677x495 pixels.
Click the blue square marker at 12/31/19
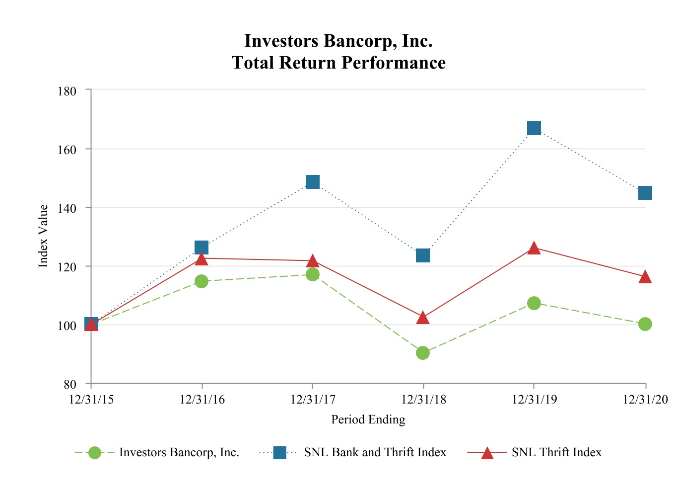point(534,128)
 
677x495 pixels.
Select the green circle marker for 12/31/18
point(423,353)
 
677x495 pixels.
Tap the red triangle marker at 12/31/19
point(534,248)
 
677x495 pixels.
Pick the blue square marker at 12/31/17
point(313,182)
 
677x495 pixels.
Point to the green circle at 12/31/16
point(202,281)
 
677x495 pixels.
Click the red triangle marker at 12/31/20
point(645,277)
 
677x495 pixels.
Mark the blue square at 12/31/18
point(423,255)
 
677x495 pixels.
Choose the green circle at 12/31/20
point(645,324)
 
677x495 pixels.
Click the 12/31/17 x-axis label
point(313,399)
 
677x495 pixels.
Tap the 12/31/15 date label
point(91,399)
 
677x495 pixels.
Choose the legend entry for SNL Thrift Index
point(556,452)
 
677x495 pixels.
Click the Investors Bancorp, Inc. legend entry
point(179,452)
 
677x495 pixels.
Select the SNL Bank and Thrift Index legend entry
point(375,452)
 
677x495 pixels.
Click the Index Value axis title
point(44,236)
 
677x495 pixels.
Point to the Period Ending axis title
point(368,420)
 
